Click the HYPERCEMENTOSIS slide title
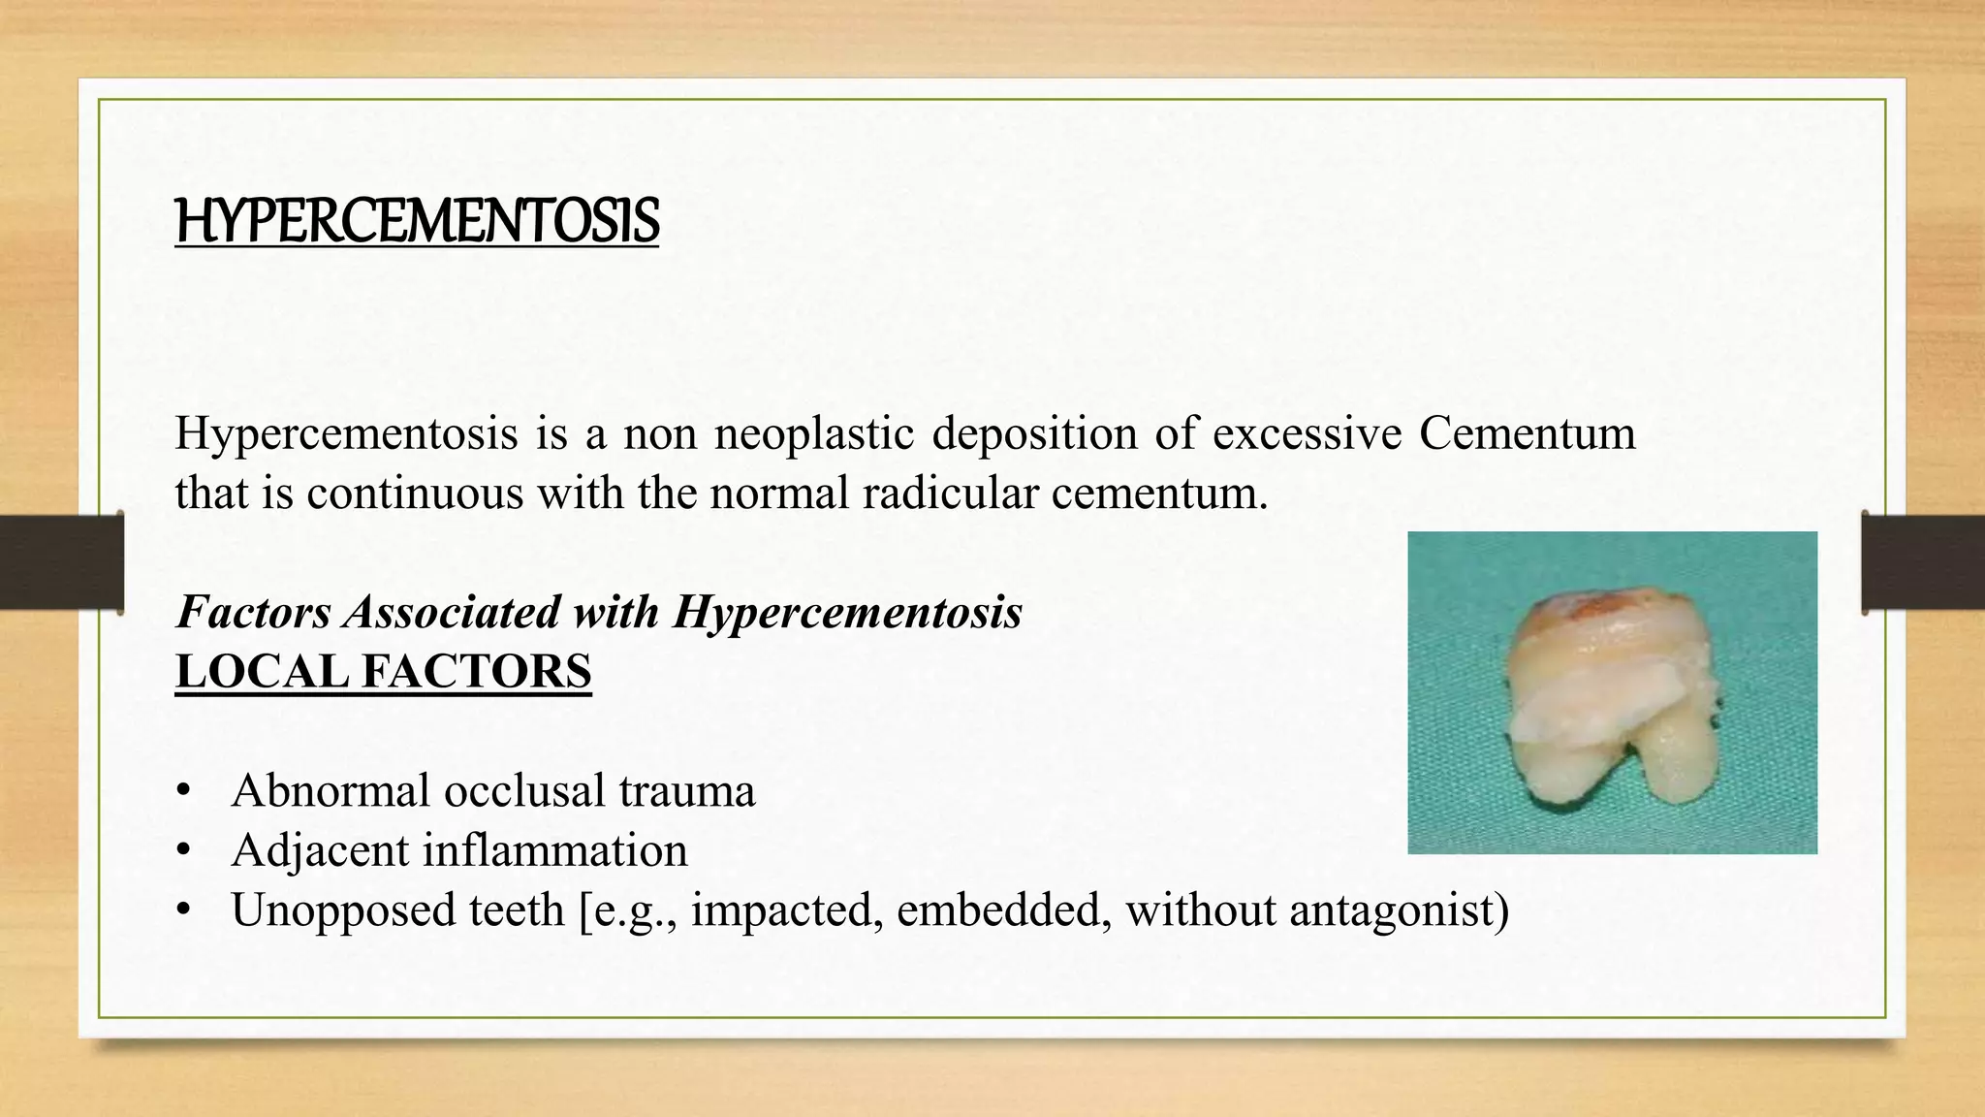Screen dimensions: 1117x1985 pos(417,221)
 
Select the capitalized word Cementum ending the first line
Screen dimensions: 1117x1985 pos(1528,432)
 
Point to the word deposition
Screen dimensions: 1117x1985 pos(1034,432)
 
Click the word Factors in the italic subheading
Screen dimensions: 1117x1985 pos(254,612)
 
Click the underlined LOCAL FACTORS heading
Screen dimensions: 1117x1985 pos(383,672)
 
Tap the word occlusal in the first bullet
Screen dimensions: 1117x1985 pos(523,790)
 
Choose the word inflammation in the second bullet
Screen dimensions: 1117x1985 pos(554,850)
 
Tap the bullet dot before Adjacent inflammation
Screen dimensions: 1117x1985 pos(184,851)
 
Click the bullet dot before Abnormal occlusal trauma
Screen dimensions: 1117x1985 pos(184,791)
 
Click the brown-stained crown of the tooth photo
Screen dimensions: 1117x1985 pos(1590,621)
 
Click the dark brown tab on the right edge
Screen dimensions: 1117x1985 pos(1924,562)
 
